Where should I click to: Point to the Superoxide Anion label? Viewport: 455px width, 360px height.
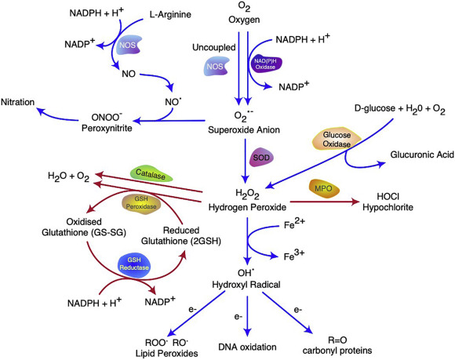click(245, 131)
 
